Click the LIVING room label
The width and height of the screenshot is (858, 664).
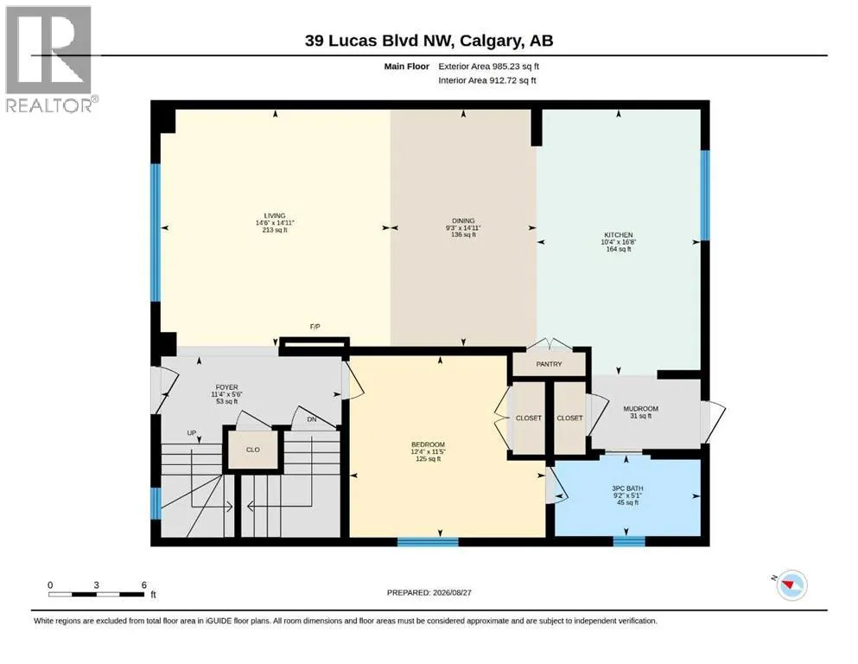(275, 215)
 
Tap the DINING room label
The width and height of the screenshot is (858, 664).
(463, 220)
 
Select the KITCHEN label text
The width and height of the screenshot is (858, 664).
(619, 235)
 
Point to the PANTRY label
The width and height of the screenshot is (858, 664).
(549, 364)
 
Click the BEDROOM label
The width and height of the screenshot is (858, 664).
(428, 444)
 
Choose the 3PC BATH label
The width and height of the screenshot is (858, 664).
(627, 488)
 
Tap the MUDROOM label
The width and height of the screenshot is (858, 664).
(641, 408)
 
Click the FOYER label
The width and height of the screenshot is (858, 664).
(226, 387)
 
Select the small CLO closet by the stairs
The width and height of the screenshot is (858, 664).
(253, 450)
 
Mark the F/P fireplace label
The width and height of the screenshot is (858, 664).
(315, 327)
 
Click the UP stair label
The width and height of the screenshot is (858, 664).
(192, 433)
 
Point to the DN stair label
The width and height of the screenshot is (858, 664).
(312, 419)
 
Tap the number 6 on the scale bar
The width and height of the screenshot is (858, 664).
(144, 584)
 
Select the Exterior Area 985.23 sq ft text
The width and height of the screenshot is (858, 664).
(489, 67)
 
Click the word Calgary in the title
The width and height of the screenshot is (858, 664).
(489, 41)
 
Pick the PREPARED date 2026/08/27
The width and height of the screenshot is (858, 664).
(452, 592)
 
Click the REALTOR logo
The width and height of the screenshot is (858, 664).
(52, 59)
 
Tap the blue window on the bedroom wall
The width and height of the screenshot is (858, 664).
(428, 542)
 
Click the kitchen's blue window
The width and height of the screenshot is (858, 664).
(705, 195)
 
